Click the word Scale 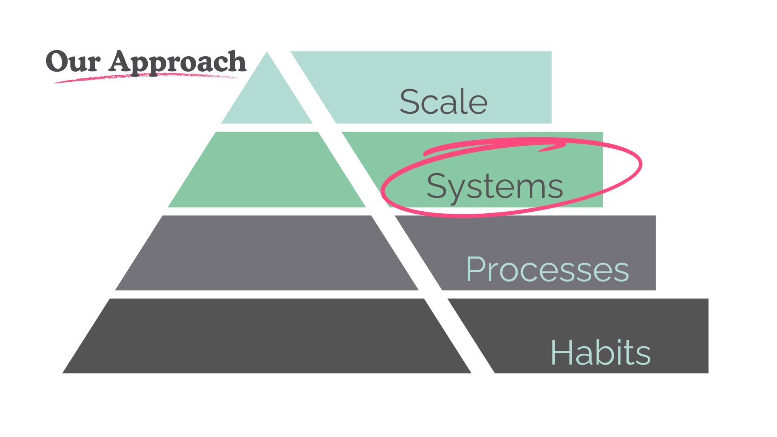point(444,102)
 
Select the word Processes point(547,269)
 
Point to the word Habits point(601,353)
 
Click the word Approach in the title point(177,63)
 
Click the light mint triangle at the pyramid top point(267,97)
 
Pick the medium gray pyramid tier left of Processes point(267,253)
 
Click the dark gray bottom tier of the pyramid point(267,336)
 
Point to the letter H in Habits point(563,353)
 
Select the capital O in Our point(57,62)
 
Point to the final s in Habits point(643,356)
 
